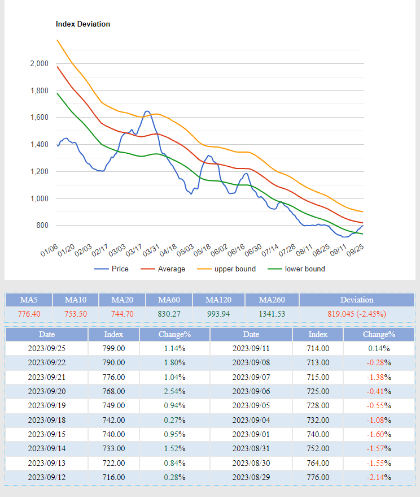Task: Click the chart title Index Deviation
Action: tap(83, 24)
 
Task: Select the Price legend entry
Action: tap(111, 269)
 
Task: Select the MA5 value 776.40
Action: tap(29, 314)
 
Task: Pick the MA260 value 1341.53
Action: tap(272, 314)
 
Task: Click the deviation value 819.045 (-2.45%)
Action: tap(356, 314)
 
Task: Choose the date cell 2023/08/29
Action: tap(251, 478)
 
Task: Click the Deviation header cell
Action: tap(356, 300)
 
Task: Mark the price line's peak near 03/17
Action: tap(147, 111)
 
